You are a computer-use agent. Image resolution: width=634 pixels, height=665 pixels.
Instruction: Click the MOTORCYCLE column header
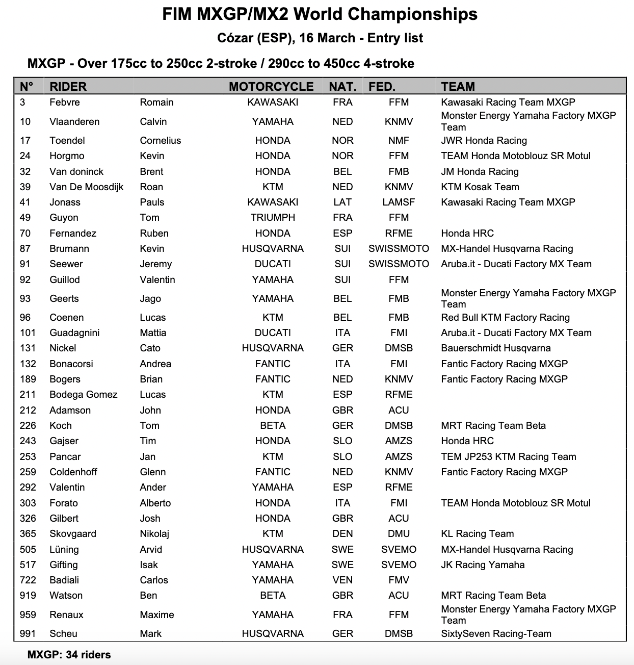(271, 87)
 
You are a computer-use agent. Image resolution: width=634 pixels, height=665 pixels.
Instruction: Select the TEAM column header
(458, 87)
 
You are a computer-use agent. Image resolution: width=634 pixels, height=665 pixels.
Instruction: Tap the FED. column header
(382, 87)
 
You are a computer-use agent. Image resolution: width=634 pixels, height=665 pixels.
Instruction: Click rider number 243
(28, 441)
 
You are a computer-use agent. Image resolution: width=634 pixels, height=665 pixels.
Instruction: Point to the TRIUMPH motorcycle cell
(273, 218)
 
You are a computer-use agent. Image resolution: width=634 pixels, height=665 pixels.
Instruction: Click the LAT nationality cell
(342, 202)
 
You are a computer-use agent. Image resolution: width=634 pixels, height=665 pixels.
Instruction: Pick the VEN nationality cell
(342, 580)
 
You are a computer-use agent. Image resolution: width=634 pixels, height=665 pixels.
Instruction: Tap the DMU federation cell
(399, 534)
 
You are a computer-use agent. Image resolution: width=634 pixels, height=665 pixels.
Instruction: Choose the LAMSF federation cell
(399, 202)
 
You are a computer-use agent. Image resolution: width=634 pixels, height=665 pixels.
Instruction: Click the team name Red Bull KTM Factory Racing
(505, 318)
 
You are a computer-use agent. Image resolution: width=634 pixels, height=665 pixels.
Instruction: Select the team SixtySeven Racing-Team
(496, 634)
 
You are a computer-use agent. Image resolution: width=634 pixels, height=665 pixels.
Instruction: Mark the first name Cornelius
(161, 141)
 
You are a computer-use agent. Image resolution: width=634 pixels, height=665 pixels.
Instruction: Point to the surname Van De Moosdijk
(87, 187)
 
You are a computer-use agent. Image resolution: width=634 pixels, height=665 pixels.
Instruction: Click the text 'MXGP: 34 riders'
(69, 655)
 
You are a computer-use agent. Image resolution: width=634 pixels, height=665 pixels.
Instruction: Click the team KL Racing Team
(477, 534)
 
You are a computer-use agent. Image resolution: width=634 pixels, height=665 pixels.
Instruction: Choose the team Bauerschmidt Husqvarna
(495, 348)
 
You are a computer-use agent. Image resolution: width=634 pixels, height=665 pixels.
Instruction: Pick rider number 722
(28, 580)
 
